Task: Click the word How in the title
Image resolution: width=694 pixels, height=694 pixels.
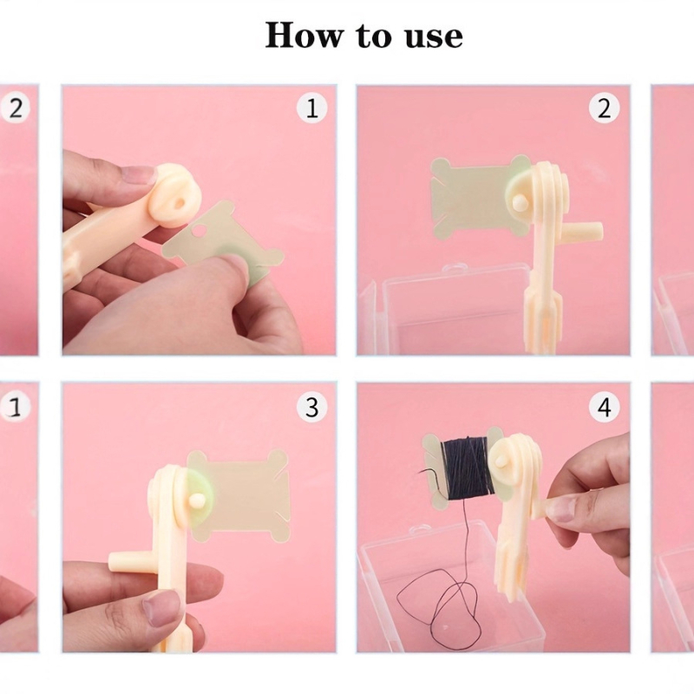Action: click(304, 35)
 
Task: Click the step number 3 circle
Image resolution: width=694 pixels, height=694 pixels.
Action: click(311, 407)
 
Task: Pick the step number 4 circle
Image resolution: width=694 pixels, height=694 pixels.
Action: click(604, 407)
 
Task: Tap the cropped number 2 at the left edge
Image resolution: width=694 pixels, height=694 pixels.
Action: click(16, 108)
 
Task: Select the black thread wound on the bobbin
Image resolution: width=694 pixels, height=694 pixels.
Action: click(467, 469)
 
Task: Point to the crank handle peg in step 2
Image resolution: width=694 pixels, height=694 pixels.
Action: click(586, 230)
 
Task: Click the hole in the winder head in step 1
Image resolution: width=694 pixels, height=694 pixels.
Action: click(180, 204)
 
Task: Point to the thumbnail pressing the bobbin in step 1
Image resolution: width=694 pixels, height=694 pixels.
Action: click(234, 265)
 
